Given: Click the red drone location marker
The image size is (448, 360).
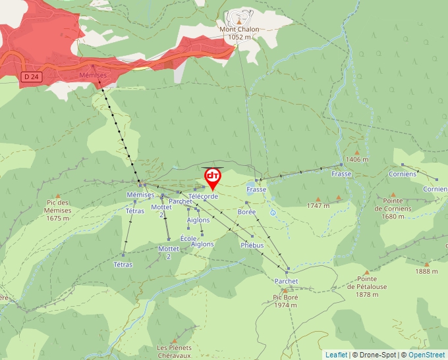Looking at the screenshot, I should pos(212,177).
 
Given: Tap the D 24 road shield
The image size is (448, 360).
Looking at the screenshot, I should pos(29,77).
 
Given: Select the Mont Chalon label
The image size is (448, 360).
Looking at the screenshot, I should pos(239,29).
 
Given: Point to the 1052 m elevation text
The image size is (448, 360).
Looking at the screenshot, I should pos(240,37).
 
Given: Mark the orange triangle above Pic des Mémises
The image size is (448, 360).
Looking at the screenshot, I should pos(58,196).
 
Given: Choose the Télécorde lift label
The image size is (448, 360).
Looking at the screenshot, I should pos(203,196).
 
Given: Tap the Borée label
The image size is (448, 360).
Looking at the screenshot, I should pos(246,212).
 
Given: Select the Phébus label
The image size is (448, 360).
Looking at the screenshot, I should pos(252,245).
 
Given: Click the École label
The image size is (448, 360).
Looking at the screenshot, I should pos(188,237).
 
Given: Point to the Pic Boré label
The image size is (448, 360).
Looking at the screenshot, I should pos(286,297).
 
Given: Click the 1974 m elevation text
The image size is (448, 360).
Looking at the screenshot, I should pos(286,305).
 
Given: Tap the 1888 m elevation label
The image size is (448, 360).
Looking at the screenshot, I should pos(426,271).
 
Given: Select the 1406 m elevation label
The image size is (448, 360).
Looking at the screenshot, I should pos(357,159).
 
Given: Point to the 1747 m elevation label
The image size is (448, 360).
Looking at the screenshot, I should pos(318,205).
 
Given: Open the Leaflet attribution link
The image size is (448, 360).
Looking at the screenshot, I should pos(336,355).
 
